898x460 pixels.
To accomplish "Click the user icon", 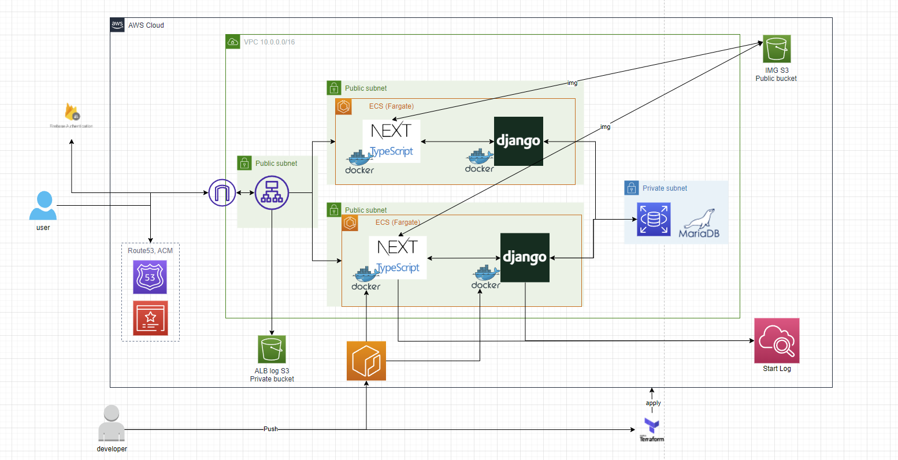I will [43, 206].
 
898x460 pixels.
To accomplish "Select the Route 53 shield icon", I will [150, 277].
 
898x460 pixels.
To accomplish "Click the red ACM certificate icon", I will [150, 318].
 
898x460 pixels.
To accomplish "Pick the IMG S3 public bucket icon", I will [776, 49].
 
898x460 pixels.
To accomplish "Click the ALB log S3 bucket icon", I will [272, 349].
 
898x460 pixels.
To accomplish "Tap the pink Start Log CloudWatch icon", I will [777, 340].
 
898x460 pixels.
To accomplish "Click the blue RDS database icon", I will [654, 219].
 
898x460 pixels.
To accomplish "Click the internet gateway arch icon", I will [222, 192].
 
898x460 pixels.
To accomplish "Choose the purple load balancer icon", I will [272, 192].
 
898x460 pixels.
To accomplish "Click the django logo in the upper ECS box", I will [518, 141].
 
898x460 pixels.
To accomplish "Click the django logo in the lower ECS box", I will [525, 257].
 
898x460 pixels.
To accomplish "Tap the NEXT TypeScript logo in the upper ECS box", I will [391, 140].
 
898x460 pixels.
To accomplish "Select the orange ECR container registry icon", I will [366, 361].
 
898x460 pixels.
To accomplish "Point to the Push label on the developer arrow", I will [270, 429].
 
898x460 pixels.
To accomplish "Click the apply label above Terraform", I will [653, 403].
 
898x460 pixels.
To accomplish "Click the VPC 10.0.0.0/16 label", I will [269, 42].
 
